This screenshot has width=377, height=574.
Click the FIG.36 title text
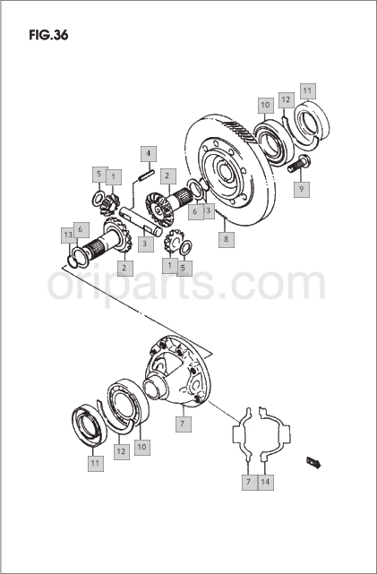coord(48,35)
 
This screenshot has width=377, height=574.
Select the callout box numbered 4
coord(149,154)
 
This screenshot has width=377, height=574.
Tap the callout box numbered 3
coord(146,244)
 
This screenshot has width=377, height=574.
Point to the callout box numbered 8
coord(227,239)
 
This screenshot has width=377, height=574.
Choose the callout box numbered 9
coord(302,189)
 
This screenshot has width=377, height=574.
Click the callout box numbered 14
coord(265,482)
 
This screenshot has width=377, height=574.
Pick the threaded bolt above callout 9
coord(299,164)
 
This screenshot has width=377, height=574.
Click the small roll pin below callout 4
coord(146,175)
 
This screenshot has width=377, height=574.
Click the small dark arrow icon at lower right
coord(314,462)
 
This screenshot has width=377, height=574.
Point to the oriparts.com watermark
coord(186,285)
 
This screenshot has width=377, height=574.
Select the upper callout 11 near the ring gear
coord(307,91)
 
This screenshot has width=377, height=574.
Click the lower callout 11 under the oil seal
coord(95,463)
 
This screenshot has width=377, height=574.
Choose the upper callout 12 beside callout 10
coord(287,100)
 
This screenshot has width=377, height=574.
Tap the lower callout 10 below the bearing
coord(142,447)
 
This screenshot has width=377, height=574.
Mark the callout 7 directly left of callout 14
coord(249,482)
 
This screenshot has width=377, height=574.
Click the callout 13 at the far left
coord(68,235)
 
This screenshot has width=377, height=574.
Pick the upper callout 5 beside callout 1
coord(99,175)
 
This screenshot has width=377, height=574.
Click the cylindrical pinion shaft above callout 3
coord(141,221)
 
